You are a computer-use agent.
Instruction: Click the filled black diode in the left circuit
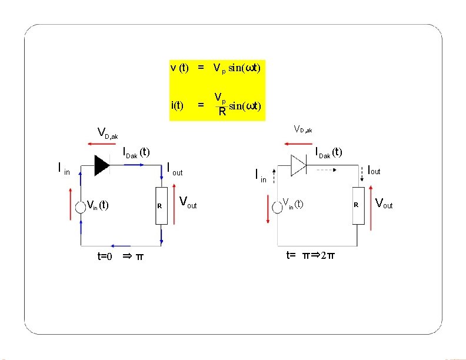pos(101,166)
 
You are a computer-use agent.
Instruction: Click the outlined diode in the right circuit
pos(298,166)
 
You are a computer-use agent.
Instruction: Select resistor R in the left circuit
pos(161,205)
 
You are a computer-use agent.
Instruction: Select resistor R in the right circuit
pos(358,205)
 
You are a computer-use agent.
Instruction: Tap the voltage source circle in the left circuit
pos(81,205)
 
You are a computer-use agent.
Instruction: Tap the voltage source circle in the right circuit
pos(278,205)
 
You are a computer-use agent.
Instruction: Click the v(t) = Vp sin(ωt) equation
pos(215,68)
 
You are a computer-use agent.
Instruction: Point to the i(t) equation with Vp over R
pos(215,104)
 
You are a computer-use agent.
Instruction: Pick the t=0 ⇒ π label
pos(120,256)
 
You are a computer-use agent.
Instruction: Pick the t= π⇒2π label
pos(311,255)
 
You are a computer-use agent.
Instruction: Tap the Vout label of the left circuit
pos(188,203)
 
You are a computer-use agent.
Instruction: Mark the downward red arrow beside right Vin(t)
pos(268,205)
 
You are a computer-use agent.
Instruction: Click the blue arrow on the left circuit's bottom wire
pos(122,246)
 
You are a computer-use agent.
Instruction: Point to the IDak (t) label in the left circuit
pos(137,154)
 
